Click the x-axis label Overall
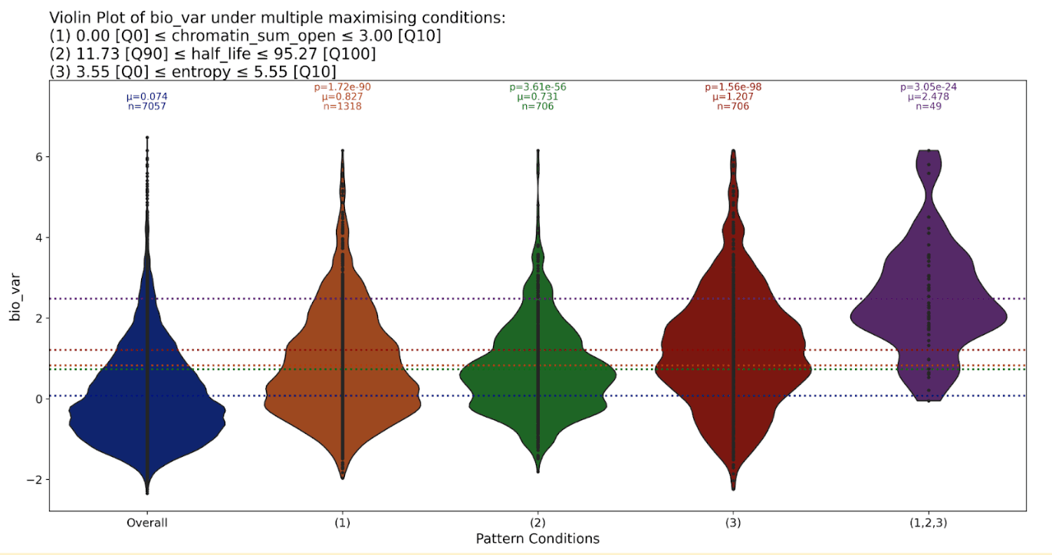point(147,523)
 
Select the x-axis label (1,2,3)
point(929,523)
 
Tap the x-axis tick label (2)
point(538,523)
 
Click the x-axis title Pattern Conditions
point(538,538)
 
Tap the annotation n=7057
point(146,107)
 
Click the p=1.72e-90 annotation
point(342,87)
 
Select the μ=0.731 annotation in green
point(538,97)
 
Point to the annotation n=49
point(929,107)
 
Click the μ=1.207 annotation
point(733,97)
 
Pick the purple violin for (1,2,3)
point(929,307)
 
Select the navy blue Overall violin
point(146,414)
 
